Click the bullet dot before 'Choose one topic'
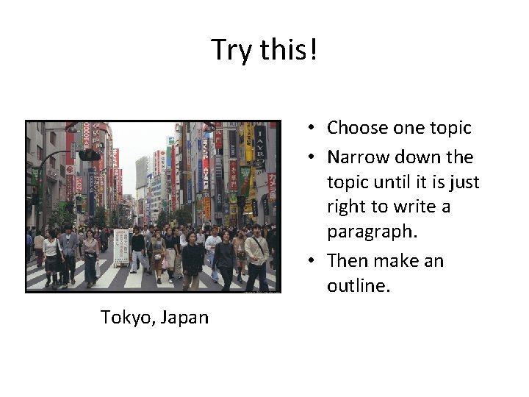[x=312, y=129]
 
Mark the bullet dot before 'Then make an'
[x=312, y=261]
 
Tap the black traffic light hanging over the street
[x=88, y=155]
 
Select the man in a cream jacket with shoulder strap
[x=256, y=254]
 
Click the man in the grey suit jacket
[x=69, y=251]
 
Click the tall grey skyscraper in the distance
[x=142, y=173]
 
